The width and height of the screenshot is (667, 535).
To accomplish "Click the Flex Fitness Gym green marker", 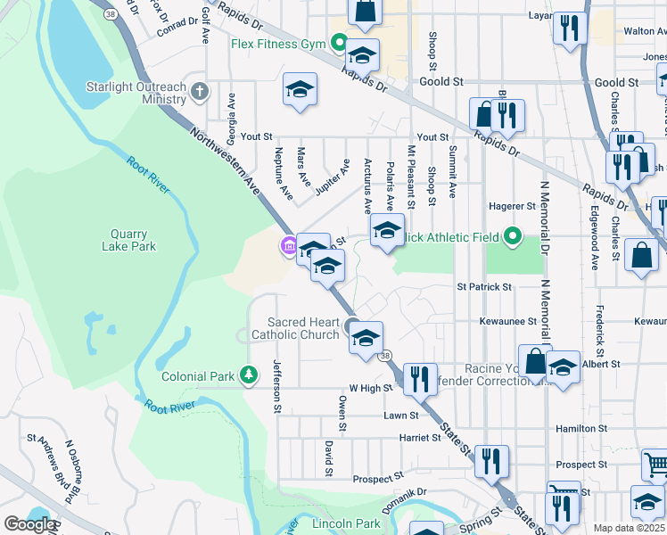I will pos(339,41).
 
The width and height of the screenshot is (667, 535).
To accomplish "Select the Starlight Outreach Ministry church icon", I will pos(200,90).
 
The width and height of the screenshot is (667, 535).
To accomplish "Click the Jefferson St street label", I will pos(277,386).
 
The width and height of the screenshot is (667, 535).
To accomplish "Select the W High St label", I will pos(371,389).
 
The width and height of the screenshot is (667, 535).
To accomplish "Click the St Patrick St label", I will pos(484,287).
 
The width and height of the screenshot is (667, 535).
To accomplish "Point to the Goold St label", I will pos(443,81).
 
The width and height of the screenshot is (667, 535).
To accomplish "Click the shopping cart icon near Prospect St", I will pos(655,464).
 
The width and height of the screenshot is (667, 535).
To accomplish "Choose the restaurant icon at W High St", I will pos(420,378).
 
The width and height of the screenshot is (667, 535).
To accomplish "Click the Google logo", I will pos(30,524).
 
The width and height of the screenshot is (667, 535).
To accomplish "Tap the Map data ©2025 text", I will pos(630,528).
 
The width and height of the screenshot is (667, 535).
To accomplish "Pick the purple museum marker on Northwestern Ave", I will pos(289,246).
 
